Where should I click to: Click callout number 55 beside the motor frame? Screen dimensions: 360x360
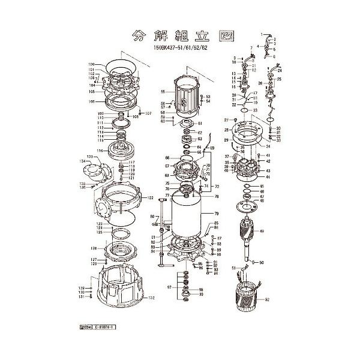pos(163,92)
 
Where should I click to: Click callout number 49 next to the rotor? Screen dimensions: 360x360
pos(262,232)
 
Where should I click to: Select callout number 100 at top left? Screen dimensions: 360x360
pos(92,64)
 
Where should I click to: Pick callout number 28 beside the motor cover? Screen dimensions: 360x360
pos(226,130)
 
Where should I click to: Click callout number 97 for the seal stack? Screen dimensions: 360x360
pos(170,288)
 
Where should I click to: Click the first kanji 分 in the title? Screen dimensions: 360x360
pos(139,35)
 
